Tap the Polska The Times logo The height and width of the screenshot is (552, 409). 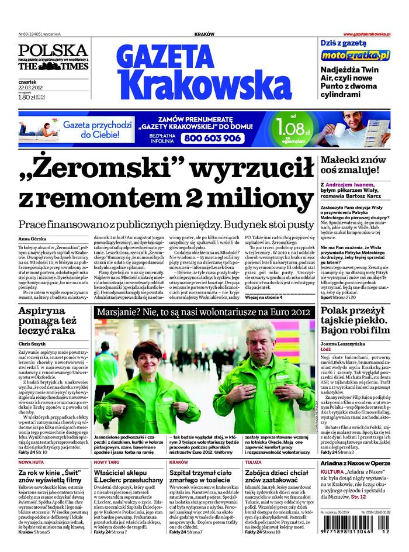coord(53,57)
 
